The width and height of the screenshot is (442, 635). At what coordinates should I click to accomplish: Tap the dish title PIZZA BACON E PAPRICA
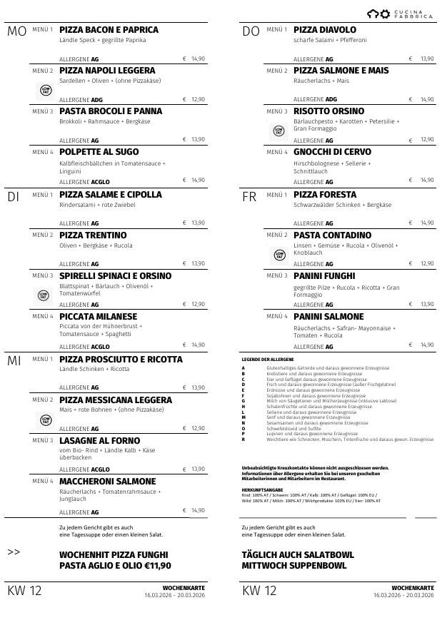click(109, 30)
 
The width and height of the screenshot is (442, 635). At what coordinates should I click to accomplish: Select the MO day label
click(16, 31)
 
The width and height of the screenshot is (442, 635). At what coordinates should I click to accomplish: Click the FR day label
click(250, 196)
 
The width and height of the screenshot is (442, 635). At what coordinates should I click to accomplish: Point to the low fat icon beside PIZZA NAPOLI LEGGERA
click(45, 89)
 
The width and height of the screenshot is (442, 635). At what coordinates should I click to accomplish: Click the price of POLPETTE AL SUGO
click(194, 181)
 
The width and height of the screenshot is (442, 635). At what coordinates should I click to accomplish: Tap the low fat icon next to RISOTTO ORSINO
click(279, 131)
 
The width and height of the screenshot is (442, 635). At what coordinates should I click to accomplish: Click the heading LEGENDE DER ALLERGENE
click(268, 359)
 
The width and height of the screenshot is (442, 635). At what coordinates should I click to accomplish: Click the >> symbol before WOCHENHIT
click(14, 552)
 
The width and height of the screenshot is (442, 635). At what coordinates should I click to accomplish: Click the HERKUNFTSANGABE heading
click(263, 490)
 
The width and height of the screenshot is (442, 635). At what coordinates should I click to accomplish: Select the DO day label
click(251, 31)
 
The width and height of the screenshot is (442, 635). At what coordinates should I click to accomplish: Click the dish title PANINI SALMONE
click(328, 317)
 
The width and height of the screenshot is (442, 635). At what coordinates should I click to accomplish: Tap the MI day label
click(14, 361)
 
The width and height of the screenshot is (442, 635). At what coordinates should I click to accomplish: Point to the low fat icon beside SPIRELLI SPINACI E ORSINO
click(45, 295)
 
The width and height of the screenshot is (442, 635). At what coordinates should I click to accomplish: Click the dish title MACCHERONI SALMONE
click(107, 482)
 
